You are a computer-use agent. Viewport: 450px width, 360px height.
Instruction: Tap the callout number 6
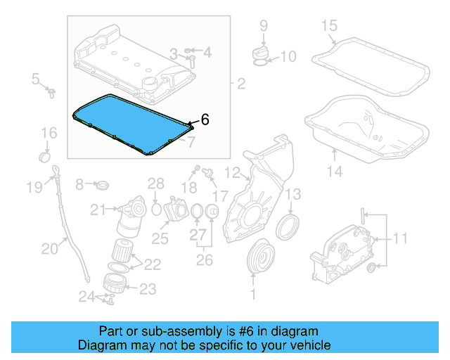205,120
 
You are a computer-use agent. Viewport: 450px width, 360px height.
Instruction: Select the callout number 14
335,171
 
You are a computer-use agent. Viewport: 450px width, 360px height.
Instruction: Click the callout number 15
329,27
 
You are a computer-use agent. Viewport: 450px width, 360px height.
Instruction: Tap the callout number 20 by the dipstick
50,247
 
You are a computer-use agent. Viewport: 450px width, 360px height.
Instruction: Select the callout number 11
399,238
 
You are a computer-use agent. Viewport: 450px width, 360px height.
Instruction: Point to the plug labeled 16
44,154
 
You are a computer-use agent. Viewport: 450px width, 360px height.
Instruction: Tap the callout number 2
241,85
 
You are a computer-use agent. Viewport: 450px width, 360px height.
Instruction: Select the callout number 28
155,184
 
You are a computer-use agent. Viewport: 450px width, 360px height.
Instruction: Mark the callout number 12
232,172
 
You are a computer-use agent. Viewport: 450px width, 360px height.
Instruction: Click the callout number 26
203,259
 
